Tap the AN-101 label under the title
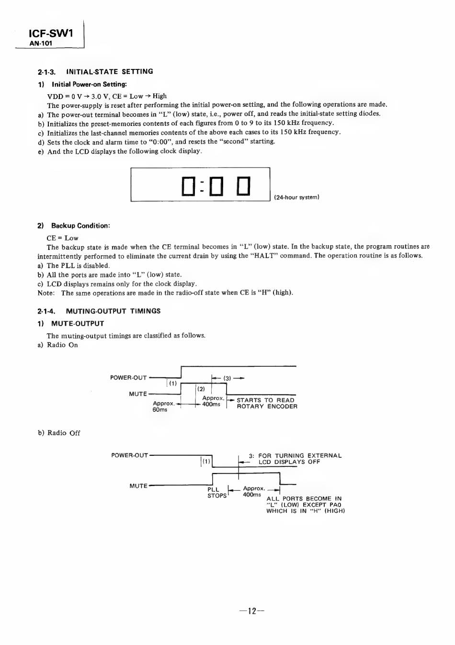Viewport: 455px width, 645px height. click(41, 43)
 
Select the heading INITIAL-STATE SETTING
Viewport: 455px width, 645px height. click(110, 71)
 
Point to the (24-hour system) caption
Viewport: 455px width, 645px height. click(296, 197)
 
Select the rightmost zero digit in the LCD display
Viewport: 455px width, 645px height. click(244, 186)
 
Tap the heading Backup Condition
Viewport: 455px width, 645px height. click(80, 226)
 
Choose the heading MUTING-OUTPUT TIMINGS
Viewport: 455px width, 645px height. click(113, 311)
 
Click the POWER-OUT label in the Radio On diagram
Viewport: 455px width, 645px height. click(128, 378)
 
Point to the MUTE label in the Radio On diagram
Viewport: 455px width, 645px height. click(138, 394)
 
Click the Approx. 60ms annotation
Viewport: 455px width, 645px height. click(163, 407)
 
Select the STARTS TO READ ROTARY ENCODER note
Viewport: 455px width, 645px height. click(267, 403)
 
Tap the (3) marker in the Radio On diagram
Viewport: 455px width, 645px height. click(227, 378)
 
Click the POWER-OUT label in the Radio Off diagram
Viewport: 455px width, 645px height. click(129, 455)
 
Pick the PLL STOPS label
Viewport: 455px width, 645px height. click(217, 492)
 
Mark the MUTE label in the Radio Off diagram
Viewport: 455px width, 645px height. click(138, 486)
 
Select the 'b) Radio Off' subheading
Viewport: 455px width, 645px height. click(59, 433)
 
